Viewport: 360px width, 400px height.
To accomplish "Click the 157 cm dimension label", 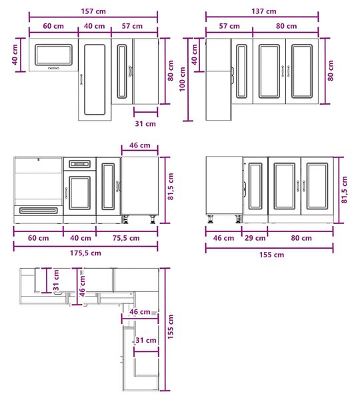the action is coord(93,11).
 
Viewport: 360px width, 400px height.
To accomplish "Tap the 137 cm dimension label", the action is coord(264,11).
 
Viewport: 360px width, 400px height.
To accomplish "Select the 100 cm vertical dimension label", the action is coord(182,79).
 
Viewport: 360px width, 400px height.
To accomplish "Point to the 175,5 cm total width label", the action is coord(85,253).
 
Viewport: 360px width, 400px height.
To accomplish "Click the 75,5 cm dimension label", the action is coord(126,238).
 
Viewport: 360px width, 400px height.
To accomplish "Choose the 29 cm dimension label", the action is coord(255,238).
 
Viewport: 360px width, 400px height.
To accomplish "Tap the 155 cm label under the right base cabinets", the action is coord(272,255).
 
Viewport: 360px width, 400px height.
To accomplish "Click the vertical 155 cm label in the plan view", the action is coord(170,327).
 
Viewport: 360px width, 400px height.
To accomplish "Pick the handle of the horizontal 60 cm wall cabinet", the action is coord(53,68).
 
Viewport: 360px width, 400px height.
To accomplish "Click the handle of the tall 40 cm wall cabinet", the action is coord(81,79).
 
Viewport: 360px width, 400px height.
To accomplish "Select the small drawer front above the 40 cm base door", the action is coord(79,164).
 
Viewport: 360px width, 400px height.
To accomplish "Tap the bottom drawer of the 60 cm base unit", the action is coord(39,211).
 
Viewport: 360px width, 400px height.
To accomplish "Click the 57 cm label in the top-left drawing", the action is coord(132,26).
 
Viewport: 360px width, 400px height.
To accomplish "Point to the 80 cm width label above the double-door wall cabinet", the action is coord(286,26).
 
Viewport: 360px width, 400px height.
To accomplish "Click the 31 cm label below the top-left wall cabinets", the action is coord(145,124).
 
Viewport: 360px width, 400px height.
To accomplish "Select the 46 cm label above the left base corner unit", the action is coord(140,145).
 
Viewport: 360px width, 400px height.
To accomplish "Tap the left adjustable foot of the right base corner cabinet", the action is coord(211,219).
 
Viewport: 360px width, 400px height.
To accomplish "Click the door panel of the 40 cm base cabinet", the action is coord(79,193).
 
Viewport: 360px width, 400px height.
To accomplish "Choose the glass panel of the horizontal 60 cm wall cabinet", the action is coord(53,55).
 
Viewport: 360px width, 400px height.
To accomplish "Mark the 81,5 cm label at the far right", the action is coord(344,189).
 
